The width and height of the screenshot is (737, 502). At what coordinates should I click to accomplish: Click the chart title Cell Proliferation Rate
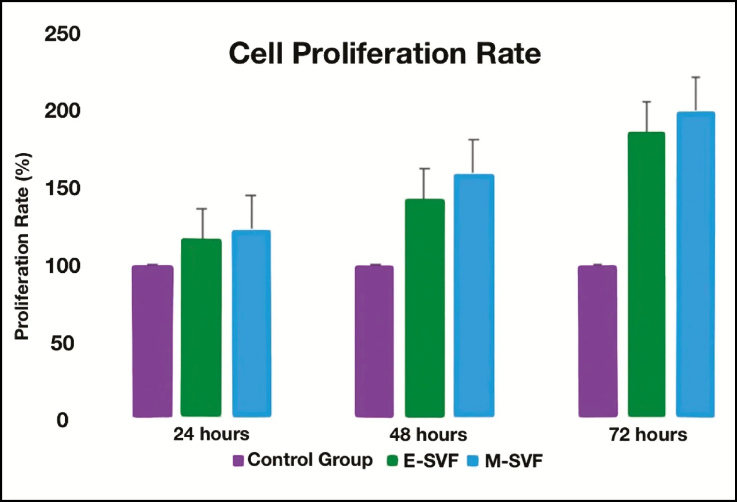[x=385, y=53]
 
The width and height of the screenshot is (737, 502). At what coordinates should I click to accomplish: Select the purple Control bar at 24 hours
[x=152, y=341]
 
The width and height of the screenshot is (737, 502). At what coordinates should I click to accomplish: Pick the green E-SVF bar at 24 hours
[x=201, y=327]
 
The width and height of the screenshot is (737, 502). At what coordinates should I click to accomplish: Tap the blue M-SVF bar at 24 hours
[x=252, y=323]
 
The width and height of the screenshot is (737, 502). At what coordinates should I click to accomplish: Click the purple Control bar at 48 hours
[x=374, y=341]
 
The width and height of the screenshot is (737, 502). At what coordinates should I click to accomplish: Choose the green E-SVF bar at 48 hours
[x=425, y=308]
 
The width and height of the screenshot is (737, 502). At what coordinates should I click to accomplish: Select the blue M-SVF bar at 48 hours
[x=474, y=295]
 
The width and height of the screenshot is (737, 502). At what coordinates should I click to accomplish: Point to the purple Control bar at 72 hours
[x=598, y=341]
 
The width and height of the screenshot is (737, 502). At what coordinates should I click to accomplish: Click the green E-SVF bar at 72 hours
[x=647, y=274]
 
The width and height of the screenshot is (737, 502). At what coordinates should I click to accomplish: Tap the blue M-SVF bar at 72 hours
[x=695, y=264]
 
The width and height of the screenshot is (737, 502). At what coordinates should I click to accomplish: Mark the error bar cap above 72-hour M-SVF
[x=696, y=77]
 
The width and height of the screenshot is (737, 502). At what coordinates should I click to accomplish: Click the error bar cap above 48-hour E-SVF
[x=425, y=168]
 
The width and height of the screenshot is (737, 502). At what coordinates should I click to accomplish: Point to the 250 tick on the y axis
[x=62, y=34]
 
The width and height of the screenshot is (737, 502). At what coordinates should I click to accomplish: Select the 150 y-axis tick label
[x=62, y=189]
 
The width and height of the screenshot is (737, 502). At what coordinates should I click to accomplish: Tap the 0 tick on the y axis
[x=62, y=420]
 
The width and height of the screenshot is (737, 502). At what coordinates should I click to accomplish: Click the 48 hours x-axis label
[x=428, y=435]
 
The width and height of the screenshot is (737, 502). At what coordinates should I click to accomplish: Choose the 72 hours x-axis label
[x=648, y=435]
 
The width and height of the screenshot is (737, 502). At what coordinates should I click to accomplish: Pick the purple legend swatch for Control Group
[x=238, y=461]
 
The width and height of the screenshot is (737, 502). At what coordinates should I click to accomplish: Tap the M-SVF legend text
[x=514, y=461]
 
